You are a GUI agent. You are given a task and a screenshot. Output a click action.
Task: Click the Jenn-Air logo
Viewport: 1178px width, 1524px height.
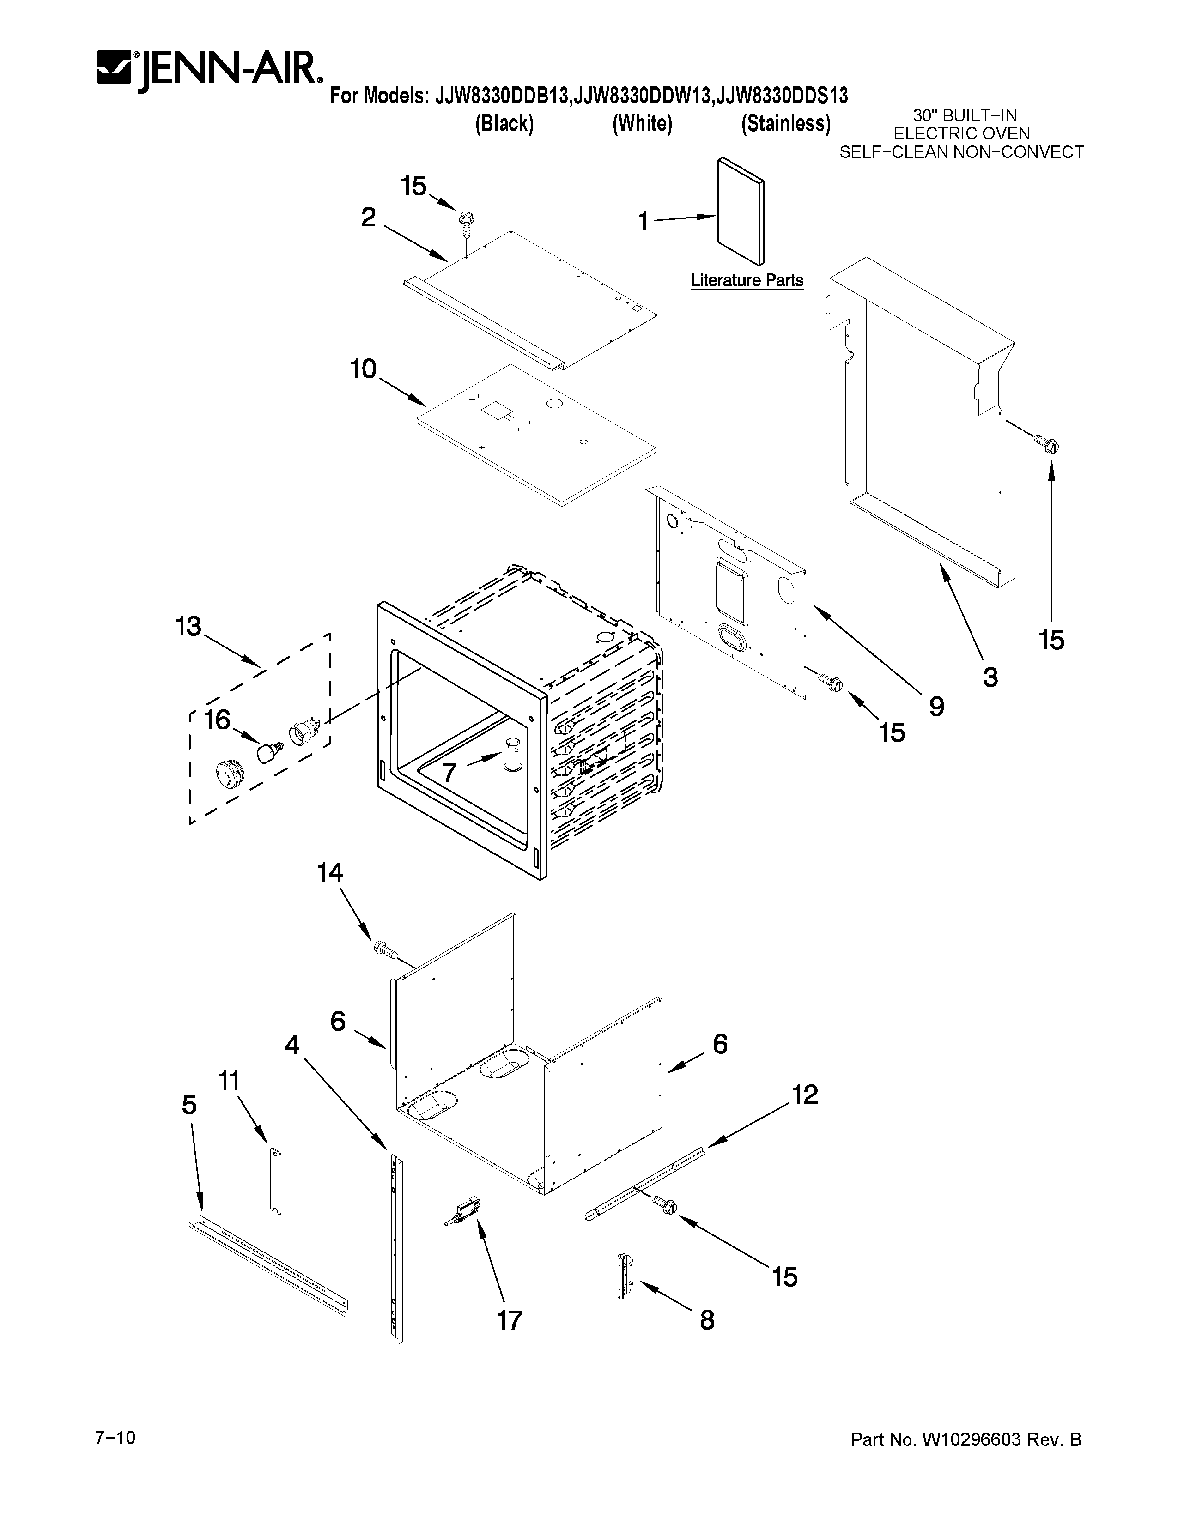[209, 70]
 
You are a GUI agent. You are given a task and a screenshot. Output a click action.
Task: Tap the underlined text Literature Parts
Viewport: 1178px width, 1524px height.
[747, 280]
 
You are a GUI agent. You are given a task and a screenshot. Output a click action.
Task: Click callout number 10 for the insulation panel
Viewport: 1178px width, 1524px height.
[364, 369]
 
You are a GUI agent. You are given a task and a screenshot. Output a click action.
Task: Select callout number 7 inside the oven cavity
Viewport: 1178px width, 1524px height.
[449, 772]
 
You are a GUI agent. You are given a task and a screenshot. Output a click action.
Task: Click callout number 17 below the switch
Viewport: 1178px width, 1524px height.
[510, 1320]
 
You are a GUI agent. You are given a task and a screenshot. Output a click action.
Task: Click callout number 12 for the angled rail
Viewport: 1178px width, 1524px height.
[805, 1094]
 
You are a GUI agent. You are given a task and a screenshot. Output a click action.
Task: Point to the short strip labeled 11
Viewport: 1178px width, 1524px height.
[276, 1182]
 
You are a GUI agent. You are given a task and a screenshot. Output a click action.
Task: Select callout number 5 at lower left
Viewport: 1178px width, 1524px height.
[189, 1105]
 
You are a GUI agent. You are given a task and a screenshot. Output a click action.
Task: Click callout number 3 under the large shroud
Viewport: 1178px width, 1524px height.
[990, 677]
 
